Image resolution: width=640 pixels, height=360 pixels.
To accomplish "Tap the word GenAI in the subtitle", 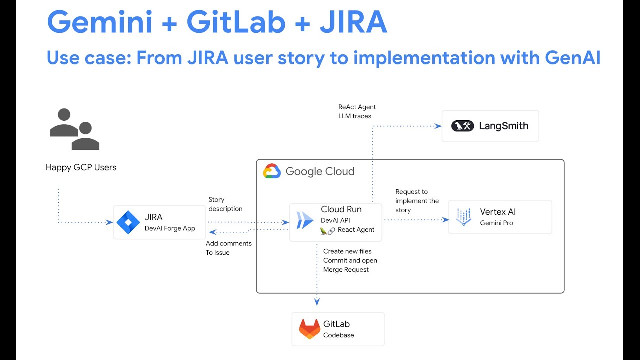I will (x=572, y=58).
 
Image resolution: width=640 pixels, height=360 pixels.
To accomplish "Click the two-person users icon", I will (x=75, y=129).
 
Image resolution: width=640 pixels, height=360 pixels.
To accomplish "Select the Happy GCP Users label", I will (x=81, y=167).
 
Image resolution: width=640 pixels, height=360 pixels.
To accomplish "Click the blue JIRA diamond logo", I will (x=128, y=223).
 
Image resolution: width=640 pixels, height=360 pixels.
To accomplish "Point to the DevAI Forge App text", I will (x=170, y=228).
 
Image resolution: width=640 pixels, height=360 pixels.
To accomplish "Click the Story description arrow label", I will (x=225, y=204).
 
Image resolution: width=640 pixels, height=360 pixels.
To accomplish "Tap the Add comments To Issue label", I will (x=229, y=248).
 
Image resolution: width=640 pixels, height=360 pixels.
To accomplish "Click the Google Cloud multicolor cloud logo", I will (x=272, y=171).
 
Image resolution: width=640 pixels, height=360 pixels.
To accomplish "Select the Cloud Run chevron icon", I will (x=305, y=220).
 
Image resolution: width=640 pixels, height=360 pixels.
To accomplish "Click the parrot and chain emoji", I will (x=327, y=230).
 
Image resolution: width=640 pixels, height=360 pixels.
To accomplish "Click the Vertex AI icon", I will (x=464, y=217).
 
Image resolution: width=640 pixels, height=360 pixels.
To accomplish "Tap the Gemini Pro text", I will (x=496, y=223).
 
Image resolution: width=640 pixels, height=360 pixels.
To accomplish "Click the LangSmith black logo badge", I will (x=462, y=126).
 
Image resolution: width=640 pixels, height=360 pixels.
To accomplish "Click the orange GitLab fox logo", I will (x=309, y=329).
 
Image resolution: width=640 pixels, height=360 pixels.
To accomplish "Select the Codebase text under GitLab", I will (x=338, y=335).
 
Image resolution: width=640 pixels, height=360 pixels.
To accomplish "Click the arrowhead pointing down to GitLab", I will (x=317, y=301).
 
